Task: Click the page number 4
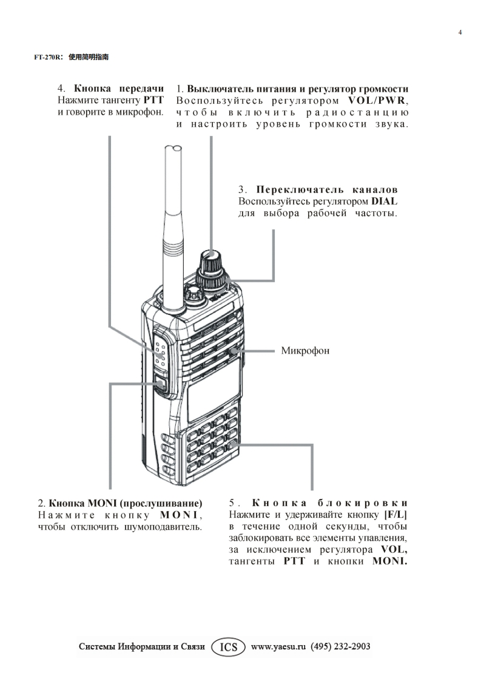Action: click(x=460, y=32)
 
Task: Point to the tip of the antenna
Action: click(x=173, y=147)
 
